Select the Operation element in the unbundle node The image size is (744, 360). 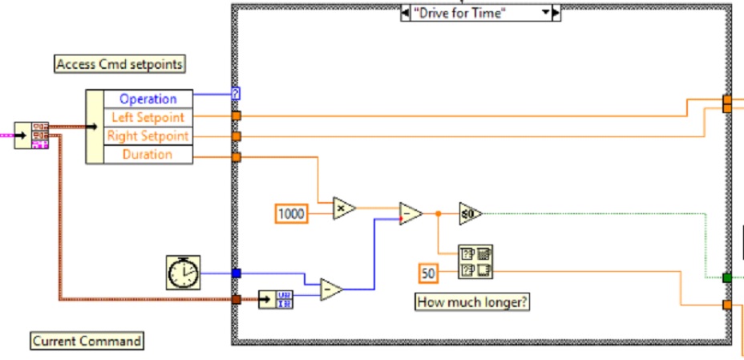click(148, 99)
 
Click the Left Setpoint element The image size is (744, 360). click(148, 117)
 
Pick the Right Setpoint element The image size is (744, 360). click(148, 136)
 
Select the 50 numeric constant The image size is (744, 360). click(429, 273)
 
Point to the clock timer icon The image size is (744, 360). click(184, 273)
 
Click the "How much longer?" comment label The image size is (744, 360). click(473, 302)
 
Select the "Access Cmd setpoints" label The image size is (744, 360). click(119, 64)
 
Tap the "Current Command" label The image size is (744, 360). click(87, 341)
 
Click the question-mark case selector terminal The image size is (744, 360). click(236, 94)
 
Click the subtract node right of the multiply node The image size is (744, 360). click(410, 213)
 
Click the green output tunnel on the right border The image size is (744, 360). click(727, 277)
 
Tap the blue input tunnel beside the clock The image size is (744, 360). click(236, 273)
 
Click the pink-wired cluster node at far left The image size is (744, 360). click(38, 136)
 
